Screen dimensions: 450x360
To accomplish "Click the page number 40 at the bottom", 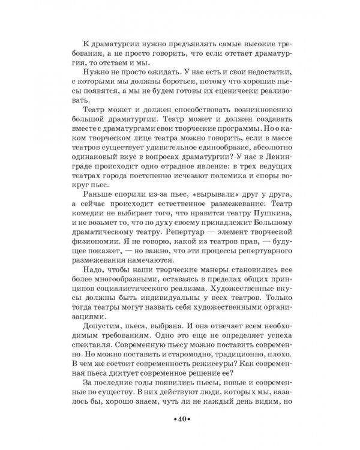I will pos(180,417).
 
